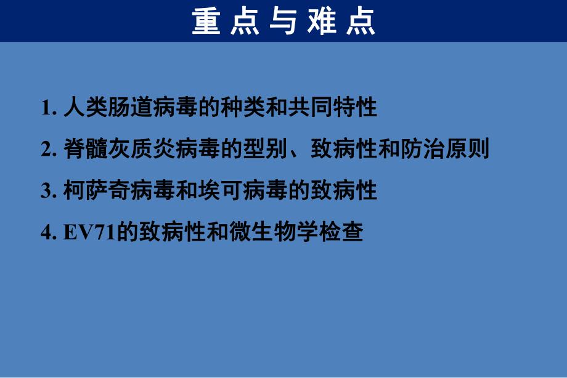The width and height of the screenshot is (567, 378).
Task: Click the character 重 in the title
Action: [206, 23]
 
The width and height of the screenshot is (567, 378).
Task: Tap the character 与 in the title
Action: [283, 23]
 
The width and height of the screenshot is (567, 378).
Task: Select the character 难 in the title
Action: [322, 23]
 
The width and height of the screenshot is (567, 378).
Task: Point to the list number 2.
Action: [46, 150]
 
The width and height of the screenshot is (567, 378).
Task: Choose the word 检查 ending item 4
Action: [345, 233]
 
